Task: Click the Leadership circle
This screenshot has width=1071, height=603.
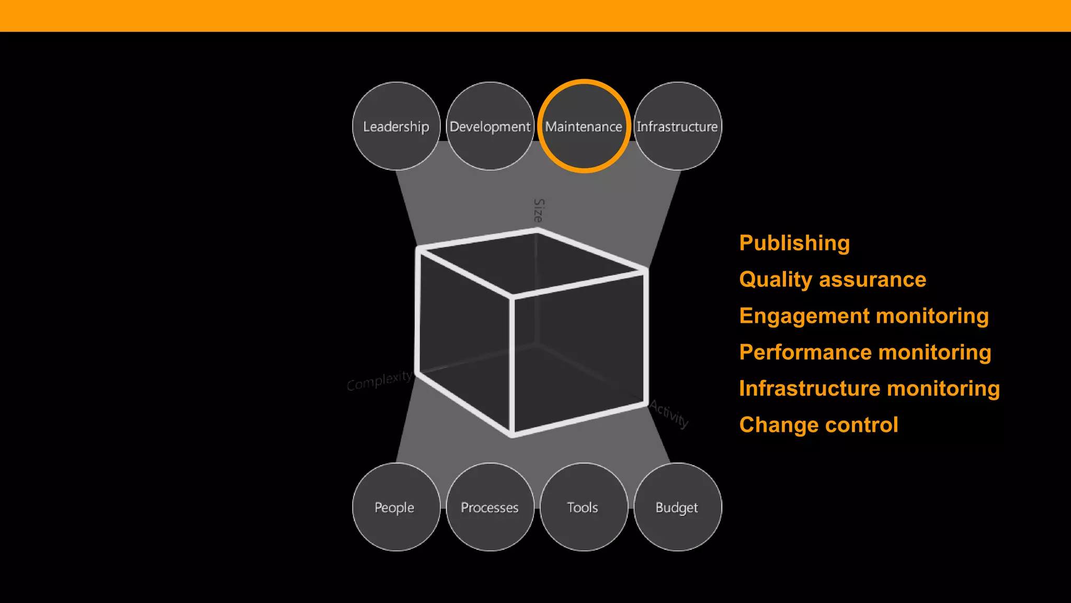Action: point(396,126)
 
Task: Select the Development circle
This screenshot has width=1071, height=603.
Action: point(490,126)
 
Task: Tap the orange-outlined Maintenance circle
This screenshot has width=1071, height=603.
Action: point(584,126)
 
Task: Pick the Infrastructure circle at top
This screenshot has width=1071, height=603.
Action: point(677,126)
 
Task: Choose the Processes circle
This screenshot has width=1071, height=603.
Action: point(490,507)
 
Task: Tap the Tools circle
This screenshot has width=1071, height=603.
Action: point(583,507)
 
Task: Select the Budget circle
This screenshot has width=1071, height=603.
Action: point(677,507)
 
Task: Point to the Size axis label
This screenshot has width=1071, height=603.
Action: point(539,210)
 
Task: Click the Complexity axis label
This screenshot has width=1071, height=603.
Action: point(380,381)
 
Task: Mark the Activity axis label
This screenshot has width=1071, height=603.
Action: point(669,414)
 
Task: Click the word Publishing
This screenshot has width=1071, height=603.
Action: point(794,243)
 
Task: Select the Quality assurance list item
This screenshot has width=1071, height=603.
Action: point(833,280)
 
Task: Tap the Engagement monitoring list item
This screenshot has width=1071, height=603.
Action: point(864,316)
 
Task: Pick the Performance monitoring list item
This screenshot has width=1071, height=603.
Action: point(865,352)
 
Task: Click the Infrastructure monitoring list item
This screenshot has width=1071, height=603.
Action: point(869,388)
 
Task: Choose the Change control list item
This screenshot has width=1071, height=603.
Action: point(818,425)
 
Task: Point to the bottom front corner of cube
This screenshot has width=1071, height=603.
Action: point(512,433)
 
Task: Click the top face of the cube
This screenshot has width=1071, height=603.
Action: point(531,262)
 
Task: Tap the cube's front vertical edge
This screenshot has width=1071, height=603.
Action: point(512,366)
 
